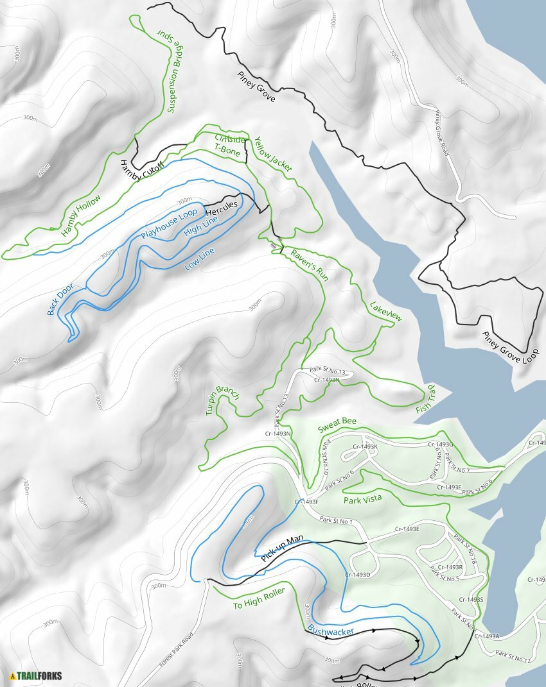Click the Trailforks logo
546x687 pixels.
click(x=32, y=675)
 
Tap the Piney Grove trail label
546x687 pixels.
click(x=256, y=87)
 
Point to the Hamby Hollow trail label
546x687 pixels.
click(x=82, y=216)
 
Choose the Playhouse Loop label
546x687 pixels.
click(x=168, y=224)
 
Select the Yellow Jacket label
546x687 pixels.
click(x=273, y=154)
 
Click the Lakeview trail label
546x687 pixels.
click(x=386, y=309)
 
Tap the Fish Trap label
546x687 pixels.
click(x=425, y=398)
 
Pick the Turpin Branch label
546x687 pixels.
click(x=223, y=401)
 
